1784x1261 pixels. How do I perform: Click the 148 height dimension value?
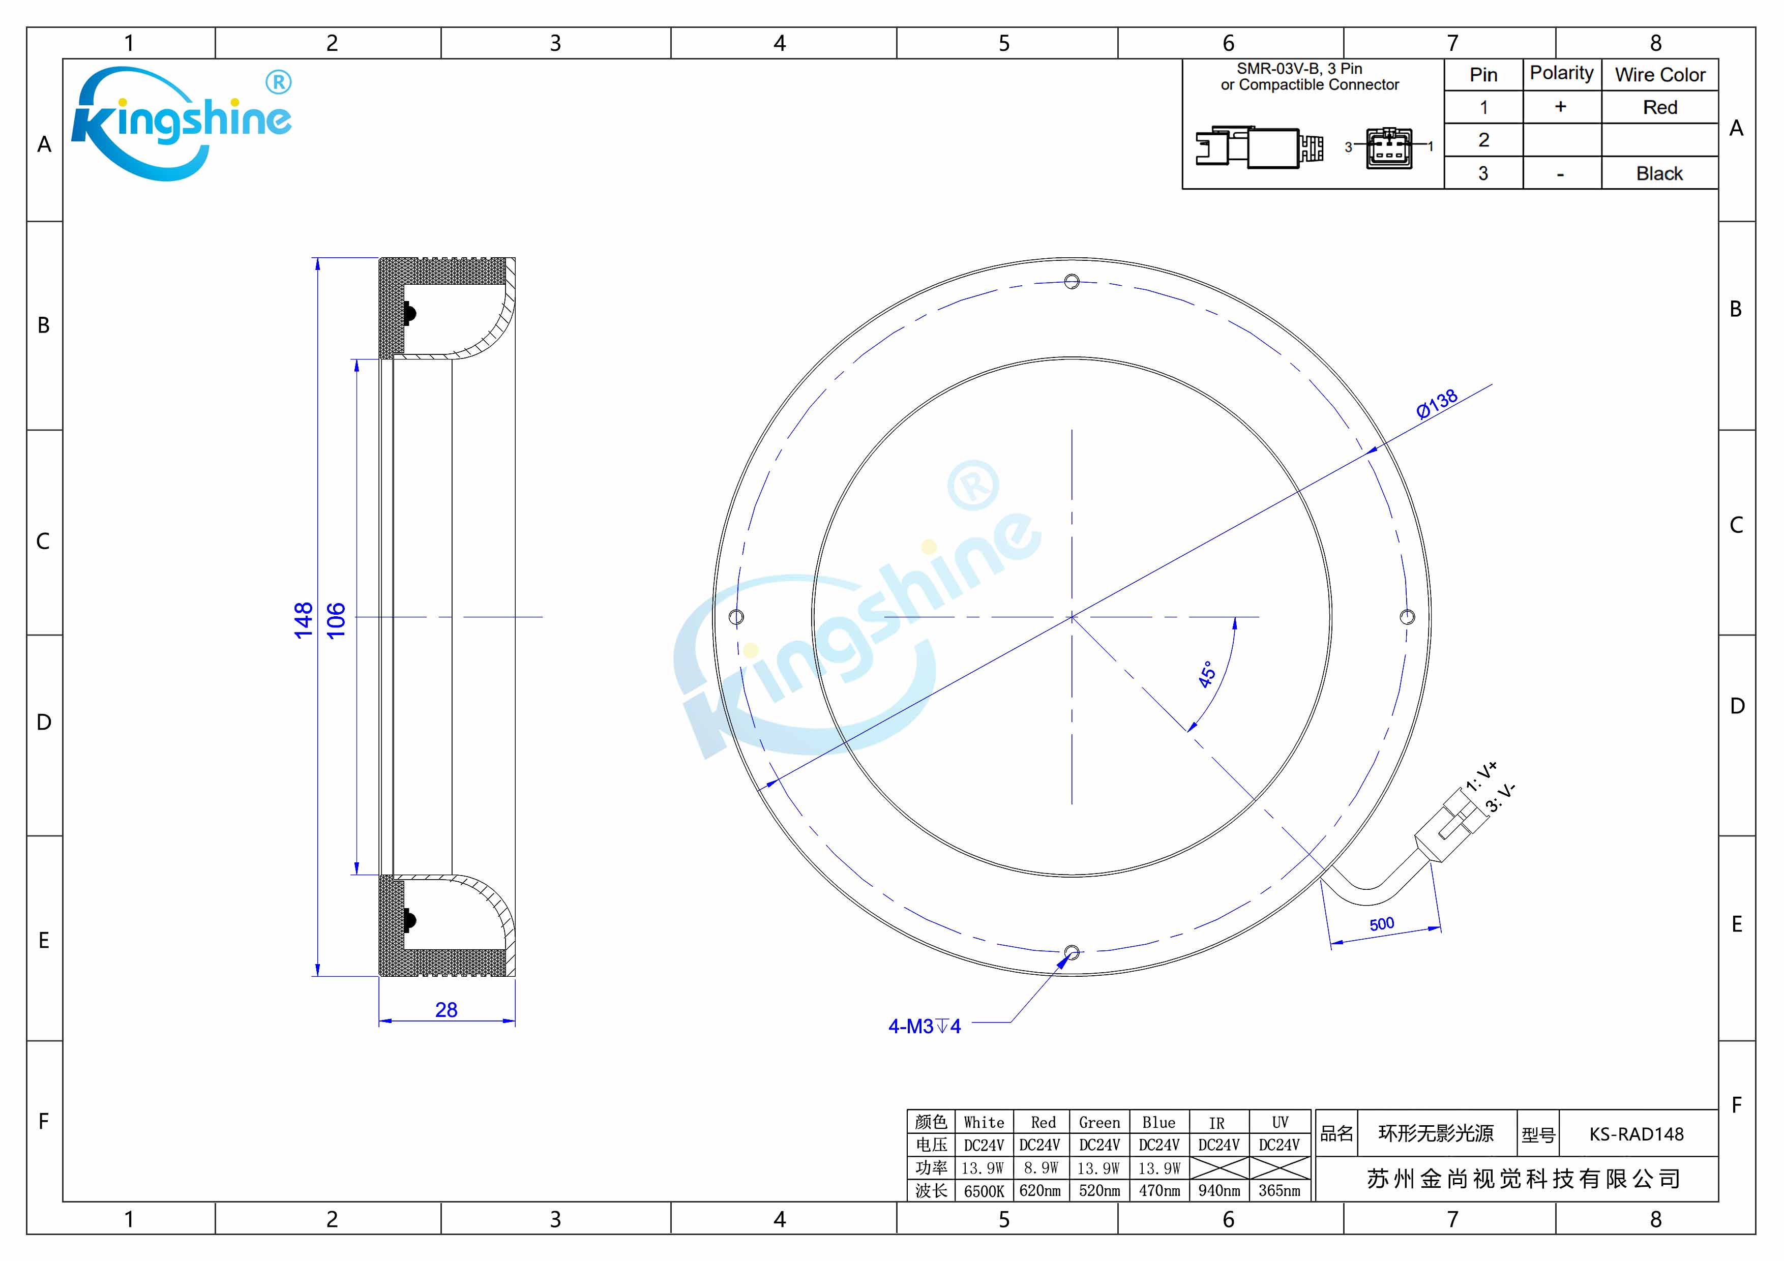(x=303, y=620)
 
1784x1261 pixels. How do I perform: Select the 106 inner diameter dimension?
(x=336, y=620)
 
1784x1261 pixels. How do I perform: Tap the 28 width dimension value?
(x=446, y=1009)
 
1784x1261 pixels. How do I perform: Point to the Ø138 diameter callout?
(x=1437, y=404)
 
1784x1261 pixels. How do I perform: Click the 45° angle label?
(x=1207, y=674)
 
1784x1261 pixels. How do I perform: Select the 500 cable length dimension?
(x=1382, y=924)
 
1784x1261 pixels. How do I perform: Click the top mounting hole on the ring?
(x=1072, y=281)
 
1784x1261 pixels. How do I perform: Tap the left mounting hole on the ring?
(x=736, y=617)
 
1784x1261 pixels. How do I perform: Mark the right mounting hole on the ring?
(x=1407, y=617)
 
